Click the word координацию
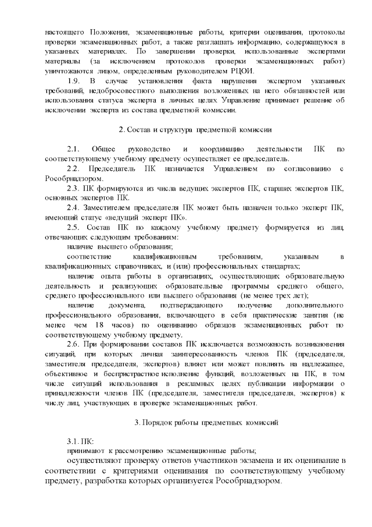coord(221,149)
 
